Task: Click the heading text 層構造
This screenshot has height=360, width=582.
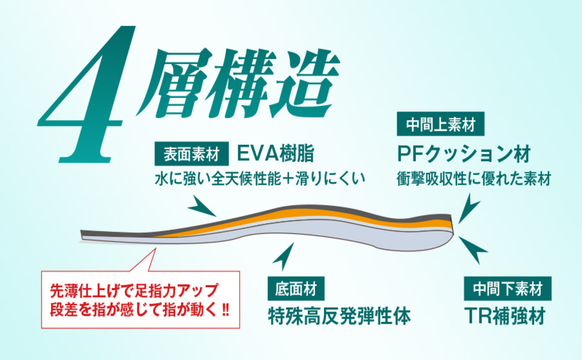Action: click(x=238, y=83)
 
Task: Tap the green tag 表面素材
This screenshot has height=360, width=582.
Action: click(x=191, y=154)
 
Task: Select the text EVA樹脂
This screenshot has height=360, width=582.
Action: click(x=275, y=154)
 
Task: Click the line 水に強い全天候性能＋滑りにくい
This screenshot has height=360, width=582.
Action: click(x=260, y=179)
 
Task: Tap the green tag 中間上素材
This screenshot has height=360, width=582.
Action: click(x=440, y=124)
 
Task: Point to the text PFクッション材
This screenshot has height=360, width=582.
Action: click(x=464, y=154)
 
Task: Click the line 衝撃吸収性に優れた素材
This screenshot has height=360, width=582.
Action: click(x=473, y=179)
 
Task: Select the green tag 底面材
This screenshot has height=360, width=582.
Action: click(x=296, y=289)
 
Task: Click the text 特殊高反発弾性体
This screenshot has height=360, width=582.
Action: click(x=339, y=317)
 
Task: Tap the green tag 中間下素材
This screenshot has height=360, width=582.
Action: click(x=508, y=289)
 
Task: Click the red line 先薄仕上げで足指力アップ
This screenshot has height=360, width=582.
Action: click(x=134, y=290)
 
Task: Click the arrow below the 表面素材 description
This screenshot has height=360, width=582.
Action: click(x=202, y=207)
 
